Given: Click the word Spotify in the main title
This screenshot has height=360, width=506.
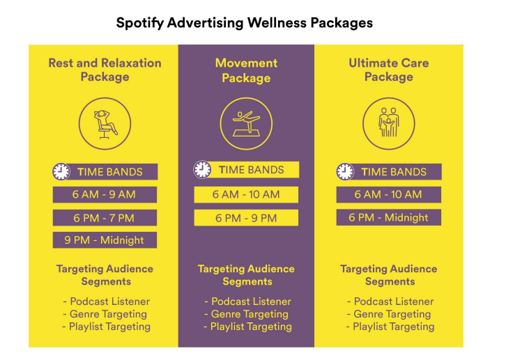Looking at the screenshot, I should pos(139,22).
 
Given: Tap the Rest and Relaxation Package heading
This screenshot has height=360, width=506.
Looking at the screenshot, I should pos(105,70).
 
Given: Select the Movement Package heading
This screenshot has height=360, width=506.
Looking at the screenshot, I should pos(246,70).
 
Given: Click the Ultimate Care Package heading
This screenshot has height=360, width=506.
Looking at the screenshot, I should pos(388,70).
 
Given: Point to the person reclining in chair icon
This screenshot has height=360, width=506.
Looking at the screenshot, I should pos(105,123).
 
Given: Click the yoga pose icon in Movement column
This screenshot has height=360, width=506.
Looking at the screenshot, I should pos(246,123).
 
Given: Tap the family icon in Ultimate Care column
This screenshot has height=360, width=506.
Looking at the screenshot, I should pos(388,123).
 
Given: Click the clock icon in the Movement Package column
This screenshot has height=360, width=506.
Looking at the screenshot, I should pos(202,169).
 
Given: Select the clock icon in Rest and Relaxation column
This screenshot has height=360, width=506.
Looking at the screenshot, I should pos(61,172).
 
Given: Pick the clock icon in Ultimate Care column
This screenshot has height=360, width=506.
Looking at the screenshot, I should pos(345,172).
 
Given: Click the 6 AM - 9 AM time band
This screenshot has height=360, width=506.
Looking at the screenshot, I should pos(105,194).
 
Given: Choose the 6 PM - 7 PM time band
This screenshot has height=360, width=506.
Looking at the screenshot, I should pos(105,218).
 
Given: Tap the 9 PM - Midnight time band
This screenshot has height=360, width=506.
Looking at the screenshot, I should pos(105,240).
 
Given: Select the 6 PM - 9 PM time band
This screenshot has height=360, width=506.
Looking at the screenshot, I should pos(246,218).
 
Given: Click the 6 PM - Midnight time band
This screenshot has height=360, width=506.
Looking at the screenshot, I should pos(388,217).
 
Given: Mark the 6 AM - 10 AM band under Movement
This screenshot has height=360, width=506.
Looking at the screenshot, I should pos(246,194).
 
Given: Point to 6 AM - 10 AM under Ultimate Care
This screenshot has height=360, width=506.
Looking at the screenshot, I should pos(388,194).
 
